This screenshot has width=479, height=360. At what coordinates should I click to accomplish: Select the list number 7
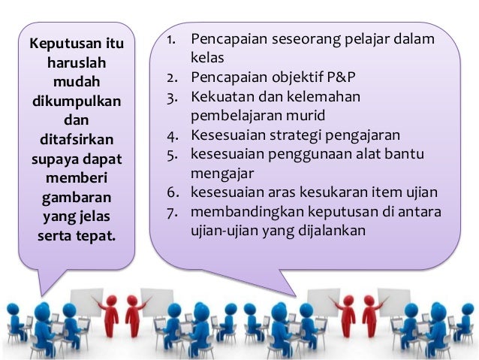(172, 213)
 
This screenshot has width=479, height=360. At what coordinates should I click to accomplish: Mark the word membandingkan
(249, 213)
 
